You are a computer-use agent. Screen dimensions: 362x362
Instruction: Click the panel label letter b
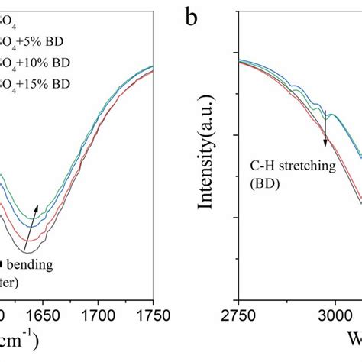tap(193, 17)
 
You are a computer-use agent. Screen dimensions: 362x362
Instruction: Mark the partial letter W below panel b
tap(354, 339)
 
